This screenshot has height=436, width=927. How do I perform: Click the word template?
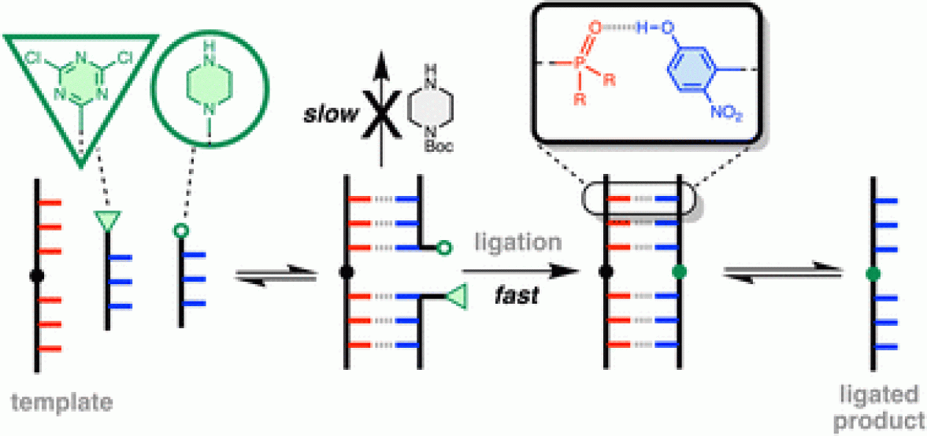pos(62,403)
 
